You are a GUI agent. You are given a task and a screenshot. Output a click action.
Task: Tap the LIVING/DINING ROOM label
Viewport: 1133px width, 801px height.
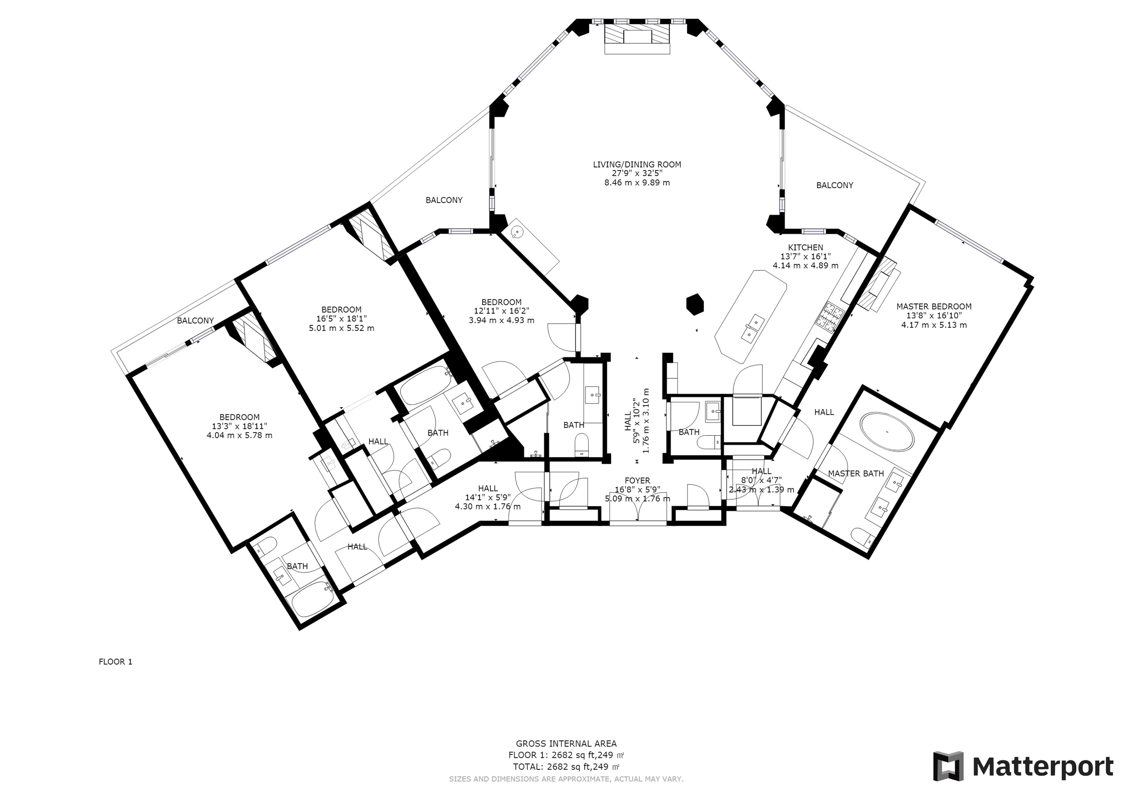[x=637, y=164]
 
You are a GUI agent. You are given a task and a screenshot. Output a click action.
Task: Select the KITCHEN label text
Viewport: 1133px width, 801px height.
[x=805, y=247]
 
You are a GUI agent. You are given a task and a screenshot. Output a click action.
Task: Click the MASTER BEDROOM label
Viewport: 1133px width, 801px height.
[x=934, y=307]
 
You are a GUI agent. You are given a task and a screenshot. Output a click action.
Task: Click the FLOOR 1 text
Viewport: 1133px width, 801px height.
[x=115, y=662]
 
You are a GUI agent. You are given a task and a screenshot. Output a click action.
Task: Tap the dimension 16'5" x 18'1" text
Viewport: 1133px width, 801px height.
[x=341, y=319]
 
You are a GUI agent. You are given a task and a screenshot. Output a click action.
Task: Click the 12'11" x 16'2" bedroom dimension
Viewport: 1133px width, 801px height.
[x=501, y=311]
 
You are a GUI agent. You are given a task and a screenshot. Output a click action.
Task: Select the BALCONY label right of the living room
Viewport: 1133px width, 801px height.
[x=834, y=185]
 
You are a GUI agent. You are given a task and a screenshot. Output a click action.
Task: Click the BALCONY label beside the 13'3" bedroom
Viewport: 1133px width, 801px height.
[x=195, y=320]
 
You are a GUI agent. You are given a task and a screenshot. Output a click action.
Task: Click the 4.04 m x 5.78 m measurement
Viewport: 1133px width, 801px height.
[x=239, y=435]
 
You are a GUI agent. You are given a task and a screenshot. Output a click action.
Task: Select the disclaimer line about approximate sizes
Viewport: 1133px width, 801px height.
[x=566, y=779]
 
